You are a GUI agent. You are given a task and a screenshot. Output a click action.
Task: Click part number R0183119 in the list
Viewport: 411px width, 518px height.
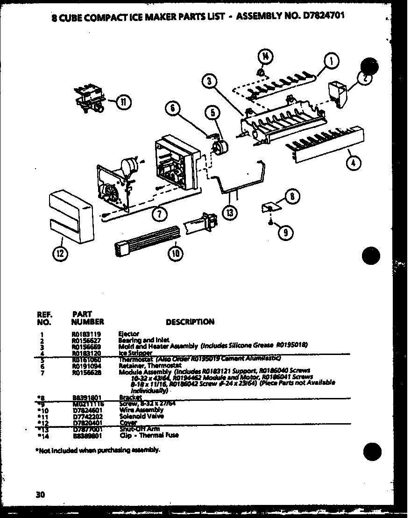(84, 334)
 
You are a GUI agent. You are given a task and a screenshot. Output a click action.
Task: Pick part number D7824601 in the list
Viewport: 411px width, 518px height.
(85, 410)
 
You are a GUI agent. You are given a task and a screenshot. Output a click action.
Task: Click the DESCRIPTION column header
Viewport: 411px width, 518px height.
(190, 322)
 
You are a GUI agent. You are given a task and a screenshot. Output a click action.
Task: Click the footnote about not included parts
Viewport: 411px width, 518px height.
(98, 450)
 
